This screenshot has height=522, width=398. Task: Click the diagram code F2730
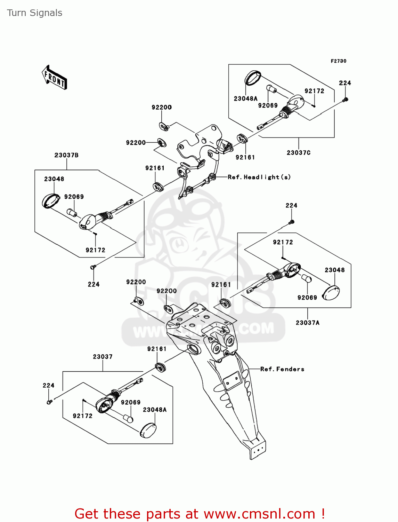pos(338,61)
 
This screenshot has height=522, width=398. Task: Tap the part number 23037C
pos(299,152)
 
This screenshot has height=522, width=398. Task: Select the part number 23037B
pos(66,155)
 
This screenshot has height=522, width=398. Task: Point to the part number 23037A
pos(307,323)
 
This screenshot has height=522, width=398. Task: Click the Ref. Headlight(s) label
pos(259,177)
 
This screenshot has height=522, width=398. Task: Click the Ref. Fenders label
pos(282,369)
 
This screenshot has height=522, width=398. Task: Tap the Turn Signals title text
pos(34,13)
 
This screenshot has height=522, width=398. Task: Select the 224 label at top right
pos(345,83)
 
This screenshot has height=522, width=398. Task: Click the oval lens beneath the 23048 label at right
pos(331,292)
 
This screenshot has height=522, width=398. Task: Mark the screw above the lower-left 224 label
pos(93,267)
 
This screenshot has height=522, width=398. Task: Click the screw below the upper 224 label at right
pos(292,222)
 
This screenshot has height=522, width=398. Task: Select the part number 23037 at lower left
pos(103,357)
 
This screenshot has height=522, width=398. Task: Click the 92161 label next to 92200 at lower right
pos(221,285)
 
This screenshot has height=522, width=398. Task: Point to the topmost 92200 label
pos(162,107)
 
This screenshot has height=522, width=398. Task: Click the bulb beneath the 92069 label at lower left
pos(128,418)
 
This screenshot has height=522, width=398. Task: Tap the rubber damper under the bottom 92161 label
pos(160,367)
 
